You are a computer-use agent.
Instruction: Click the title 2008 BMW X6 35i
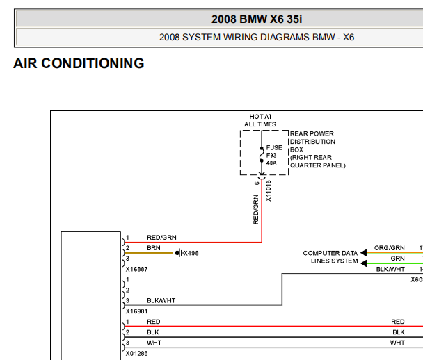(x=257, y=19)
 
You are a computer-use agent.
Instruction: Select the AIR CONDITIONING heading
(x=79, y=63)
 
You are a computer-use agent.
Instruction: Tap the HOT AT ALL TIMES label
(x=260, y=120)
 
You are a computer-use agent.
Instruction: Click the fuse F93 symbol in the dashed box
(x=262, y=155)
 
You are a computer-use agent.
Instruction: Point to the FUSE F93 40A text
(x=274, y=155)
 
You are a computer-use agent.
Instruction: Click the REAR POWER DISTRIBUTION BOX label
(x=317, y=149)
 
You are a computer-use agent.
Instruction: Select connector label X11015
(x=268, y=191)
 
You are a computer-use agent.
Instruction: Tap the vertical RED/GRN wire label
(x=255, y=210)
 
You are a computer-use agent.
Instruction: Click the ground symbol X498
(x=179, y=253)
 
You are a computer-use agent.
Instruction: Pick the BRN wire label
(x=154, y=248)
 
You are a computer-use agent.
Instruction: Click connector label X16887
(x=137, y=269)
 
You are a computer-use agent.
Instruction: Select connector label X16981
(x=137, y=311)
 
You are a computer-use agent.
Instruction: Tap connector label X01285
(x=137, y=353)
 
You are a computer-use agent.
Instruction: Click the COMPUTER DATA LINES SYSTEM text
(x=330, y=257)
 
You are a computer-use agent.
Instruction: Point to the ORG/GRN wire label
(x=390, y=248)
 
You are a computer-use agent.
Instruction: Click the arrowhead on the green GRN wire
(x=364, y=263)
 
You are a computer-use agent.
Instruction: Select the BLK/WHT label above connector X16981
(x=161, y=300)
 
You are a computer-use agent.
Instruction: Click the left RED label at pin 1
(x=154, y=322)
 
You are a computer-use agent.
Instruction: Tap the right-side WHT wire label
(x=397, y=343)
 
